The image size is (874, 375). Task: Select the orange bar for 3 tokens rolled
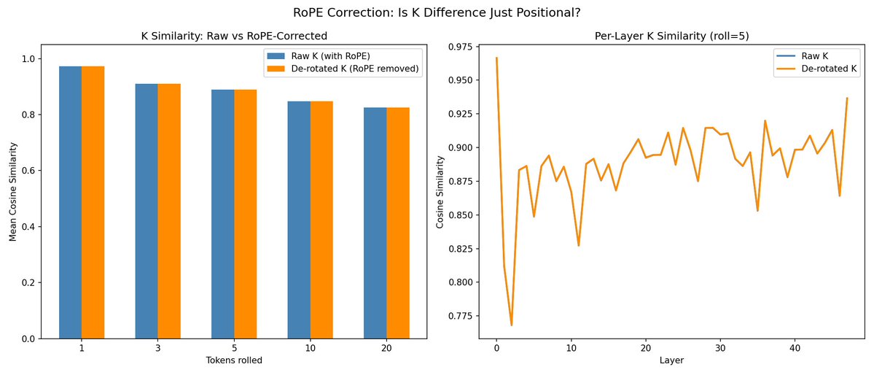coord(169,211)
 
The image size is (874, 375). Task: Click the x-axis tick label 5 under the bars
coord(234,349)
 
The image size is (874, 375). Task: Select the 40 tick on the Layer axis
coord(795,349)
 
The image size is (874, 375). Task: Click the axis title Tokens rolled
coord(234,360)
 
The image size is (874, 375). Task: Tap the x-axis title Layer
coord(671,360)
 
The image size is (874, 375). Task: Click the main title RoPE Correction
coord(437,12)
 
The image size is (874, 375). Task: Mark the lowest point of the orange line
coord(512,325)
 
